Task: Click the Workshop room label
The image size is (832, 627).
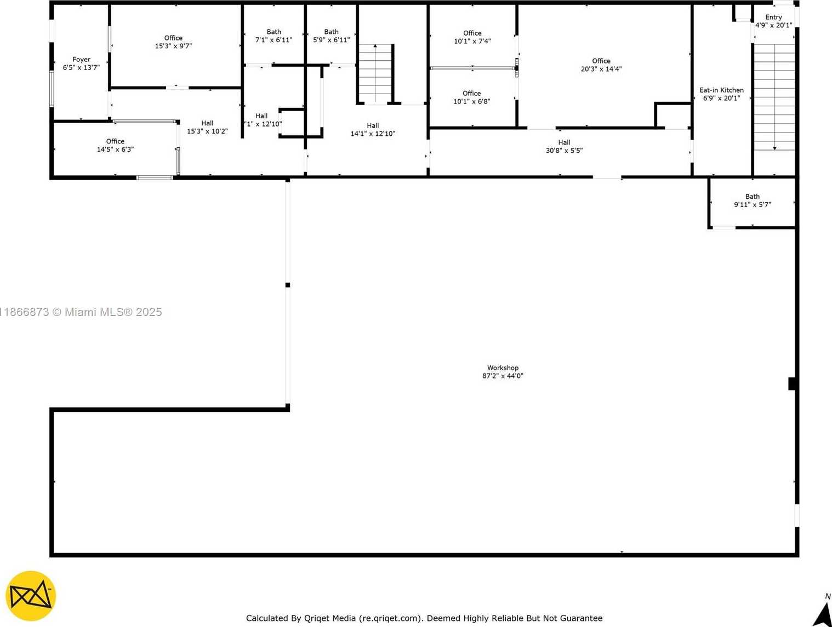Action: pyautogui.click(x=503, y=367)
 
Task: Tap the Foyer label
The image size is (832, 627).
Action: pyautogui.click(x=81, y=60)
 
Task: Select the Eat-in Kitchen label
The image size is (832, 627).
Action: pyautogui.click(x=721, y=90)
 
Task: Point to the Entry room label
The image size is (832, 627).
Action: pyautogui.click(x=773, y=18)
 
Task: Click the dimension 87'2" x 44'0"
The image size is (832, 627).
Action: pyautogui.click(x=503, y=376)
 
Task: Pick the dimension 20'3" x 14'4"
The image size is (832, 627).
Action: pyautogui.click(x=601, y=69)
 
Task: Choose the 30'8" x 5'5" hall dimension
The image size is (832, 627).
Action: pyautogui.click(x=564, y=150)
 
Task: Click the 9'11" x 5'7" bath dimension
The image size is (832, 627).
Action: pyautogui.click(x=753, y=204)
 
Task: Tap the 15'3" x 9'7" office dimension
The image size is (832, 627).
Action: pyautogui.click(x=173, y=46)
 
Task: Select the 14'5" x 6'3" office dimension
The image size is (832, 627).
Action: pyautogui.click(x=115, y=149)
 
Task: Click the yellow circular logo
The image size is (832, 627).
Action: pyautogui.click(x=31, y=596)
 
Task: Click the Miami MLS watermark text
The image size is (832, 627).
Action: pyautogui.click(x=81, y=312)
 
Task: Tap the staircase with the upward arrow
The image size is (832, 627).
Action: pyautogui.click(x=375, y=73)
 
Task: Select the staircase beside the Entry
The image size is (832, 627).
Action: pyautogui.click(x=774, y=97)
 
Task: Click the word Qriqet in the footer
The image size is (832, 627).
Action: pyautogui.click(x=316, y=618)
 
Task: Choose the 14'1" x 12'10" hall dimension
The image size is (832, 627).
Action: pyautogui.click(x=373, y=134)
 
